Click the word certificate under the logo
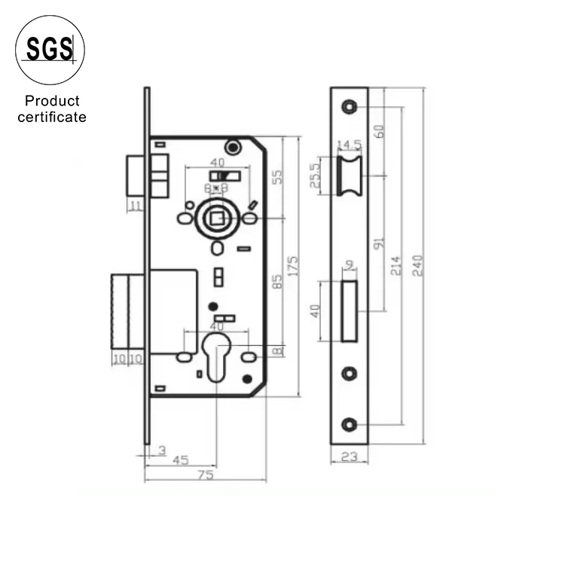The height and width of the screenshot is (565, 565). (52, 117)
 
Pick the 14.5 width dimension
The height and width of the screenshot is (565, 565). (349, 144)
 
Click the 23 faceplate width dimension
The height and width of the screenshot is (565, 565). (349, 456)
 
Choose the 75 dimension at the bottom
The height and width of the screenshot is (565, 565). (205, 475)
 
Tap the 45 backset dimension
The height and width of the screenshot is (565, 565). (180, 460)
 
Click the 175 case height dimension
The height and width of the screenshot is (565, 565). (294, 265)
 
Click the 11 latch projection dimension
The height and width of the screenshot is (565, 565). (135, 205)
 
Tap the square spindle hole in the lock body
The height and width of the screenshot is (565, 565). (217, 219)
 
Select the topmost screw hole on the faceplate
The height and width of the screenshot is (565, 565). (350, 106)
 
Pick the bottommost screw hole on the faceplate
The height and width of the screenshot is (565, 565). (350, 424)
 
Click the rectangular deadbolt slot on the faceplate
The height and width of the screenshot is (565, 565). (350, 310)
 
